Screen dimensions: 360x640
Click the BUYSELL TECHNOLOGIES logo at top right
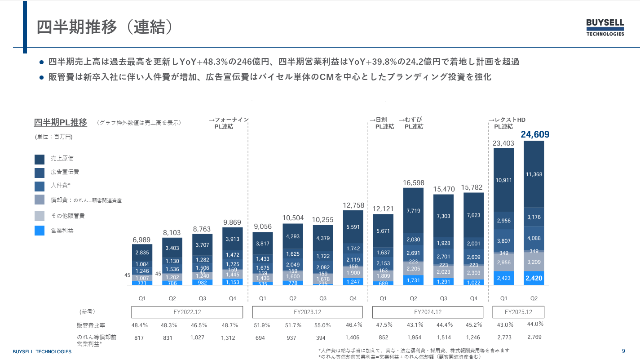point(605,27)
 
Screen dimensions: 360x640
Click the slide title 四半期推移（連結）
point(104,27)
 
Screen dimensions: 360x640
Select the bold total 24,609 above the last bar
point(535,134)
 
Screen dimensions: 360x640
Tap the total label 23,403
point(503,143)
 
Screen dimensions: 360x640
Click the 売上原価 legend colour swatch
point(40,159)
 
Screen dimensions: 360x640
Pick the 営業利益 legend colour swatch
point(40,231)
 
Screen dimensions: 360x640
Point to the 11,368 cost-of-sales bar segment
point(534,174)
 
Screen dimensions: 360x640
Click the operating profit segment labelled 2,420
point(534,278)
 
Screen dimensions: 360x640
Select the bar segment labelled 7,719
point(413,210)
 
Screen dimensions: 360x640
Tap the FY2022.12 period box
point(187,312)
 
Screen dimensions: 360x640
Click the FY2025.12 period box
point(518,312)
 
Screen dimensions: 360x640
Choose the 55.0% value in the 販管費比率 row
point(322,325)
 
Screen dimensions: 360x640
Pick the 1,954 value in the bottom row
point(414,337)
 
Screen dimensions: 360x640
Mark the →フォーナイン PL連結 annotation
point(229,123)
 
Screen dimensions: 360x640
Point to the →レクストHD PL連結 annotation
point(507,123)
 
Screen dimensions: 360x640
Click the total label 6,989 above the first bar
point(142,240)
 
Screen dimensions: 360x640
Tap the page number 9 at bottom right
point(623,351)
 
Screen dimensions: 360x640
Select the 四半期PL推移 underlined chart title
point(61,123)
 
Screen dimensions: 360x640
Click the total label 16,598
point(413,183)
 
